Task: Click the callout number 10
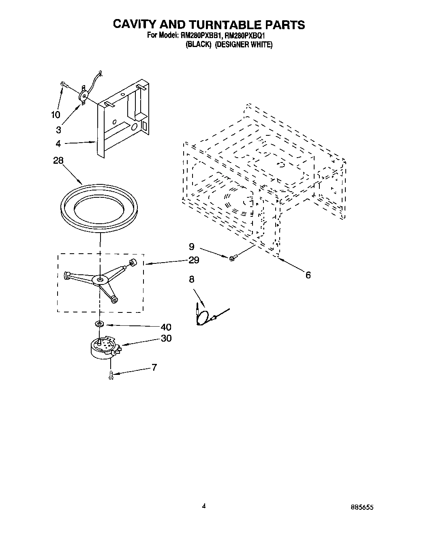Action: pyautogui.click(x=56, y=115)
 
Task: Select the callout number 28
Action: pyautogui.click(x=58, y=161)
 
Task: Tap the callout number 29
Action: pyautogui.click(x=194, y=260)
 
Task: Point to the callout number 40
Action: pyautogui.click(x=166, y=327)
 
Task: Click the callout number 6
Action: pyautogui.click(x=308, y=275)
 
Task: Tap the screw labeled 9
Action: pyautogui.click(x=232, y=257)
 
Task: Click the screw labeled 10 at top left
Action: pyautogui.click(x=64, y=84)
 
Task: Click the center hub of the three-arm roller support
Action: pyautogui.click(x=100, y=279)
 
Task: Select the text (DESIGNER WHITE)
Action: pyautogui.click(x=244, y=45)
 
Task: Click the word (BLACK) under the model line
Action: pyautogui.click(x=199, y=45)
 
